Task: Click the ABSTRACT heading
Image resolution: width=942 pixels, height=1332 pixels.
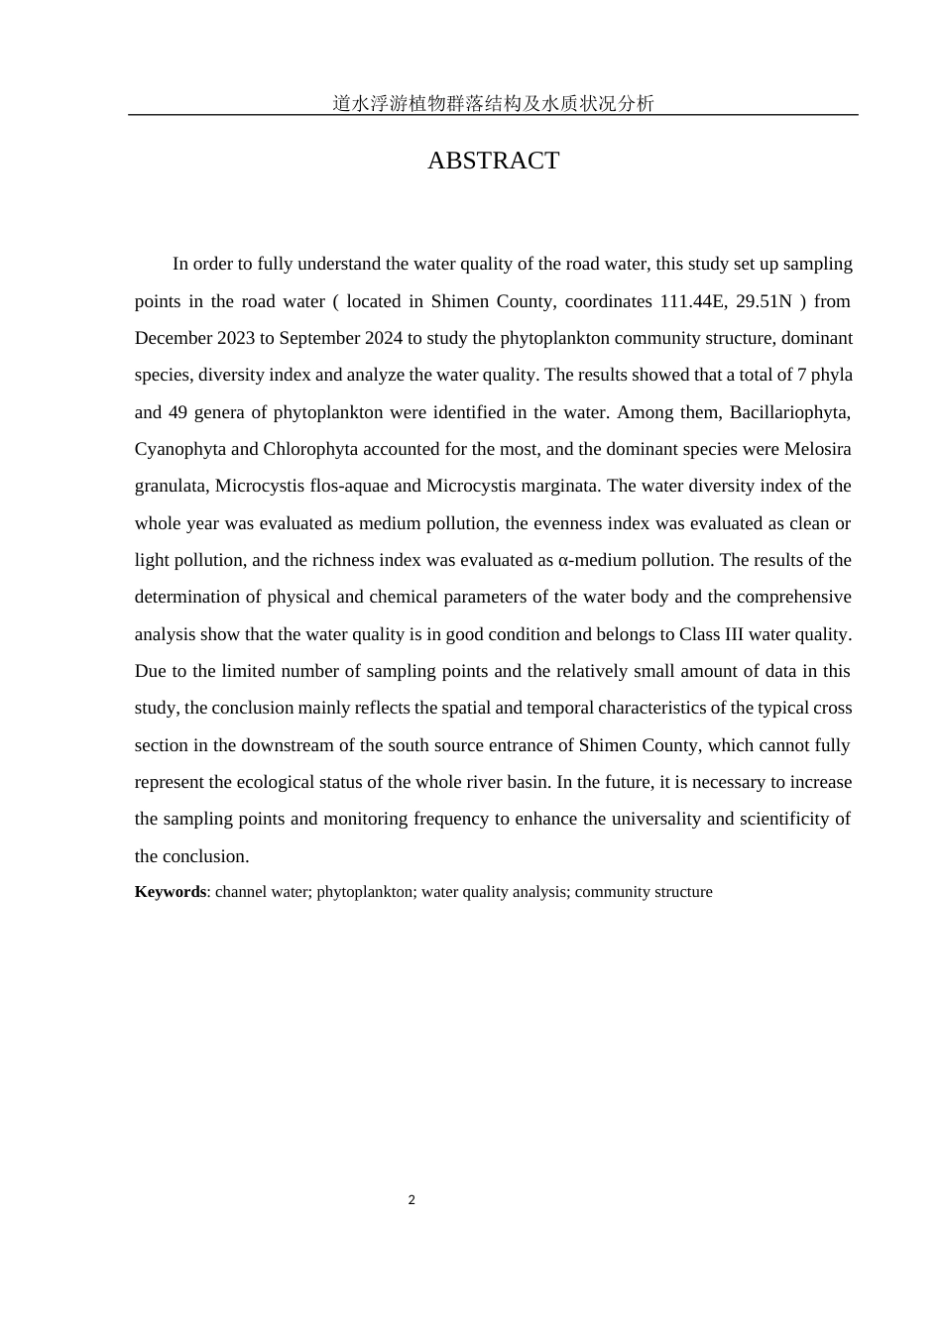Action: pyautogui.click(x=493, y=161)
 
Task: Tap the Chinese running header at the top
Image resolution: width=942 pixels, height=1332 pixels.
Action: pyautogui.click(x=493, y=103)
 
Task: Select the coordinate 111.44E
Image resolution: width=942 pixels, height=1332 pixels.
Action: pyautogui.click(x=693, y=301)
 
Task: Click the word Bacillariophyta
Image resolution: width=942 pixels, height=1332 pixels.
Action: pyautogui.click(x=789, y=412)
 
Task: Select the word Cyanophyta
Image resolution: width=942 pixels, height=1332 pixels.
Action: pyautogui.click(x=179, y=449)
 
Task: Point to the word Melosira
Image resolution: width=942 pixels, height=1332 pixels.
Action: pyautogui.click(x=817, y=449)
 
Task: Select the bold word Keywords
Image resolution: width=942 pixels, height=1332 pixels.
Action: pyautogui.click(x=170, y=892)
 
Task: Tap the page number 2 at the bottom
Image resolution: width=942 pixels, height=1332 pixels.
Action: pyautogui.click(x=412, y=1200)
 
